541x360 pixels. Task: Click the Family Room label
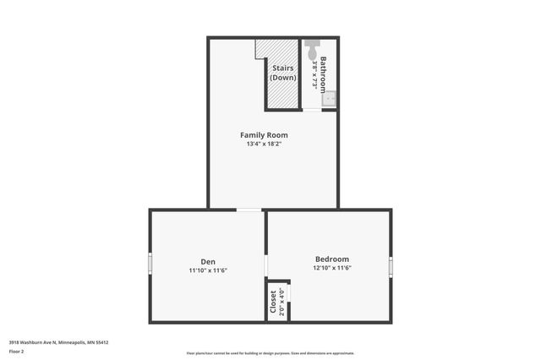point(264,135)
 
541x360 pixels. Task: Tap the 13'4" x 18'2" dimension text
point(264,145)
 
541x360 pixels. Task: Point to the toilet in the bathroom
point(313,46)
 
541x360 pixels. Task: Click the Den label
point(208,260)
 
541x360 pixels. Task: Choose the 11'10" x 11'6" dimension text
point(208,270)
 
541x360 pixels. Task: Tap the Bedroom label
point(331,259)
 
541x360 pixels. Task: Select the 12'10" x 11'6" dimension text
point(331,269)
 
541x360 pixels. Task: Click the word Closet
point(273,303)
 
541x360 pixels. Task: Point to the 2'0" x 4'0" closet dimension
point(282,302)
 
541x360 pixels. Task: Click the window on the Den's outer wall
point(150,263)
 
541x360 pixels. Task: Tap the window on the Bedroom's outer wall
point(391,265)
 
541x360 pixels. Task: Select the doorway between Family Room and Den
point(249,210)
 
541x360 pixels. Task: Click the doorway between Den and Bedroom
point(266,265)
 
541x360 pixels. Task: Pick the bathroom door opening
point(312,111)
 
